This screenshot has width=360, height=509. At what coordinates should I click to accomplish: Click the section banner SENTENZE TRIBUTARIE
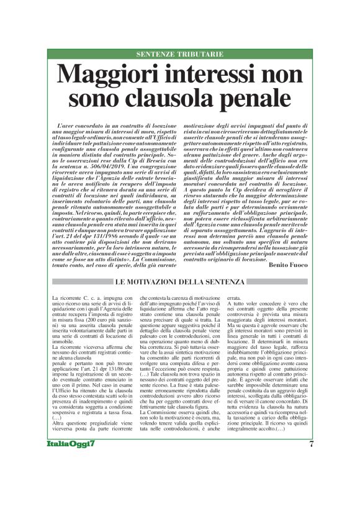point(180,54)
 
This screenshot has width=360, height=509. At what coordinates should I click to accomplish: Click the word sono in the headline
point(106,99)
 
